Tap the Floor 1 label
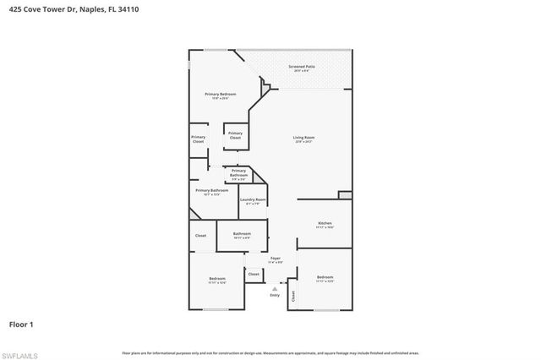click(21, 324)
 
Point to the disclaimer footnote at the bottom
click(270, 352)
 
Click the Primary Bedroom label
click(220, 95)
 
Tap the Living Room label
click(304, 139)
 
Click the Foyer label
click(276, 259)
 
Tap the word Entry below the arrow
click(275, 295)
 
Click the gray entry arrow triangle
click(275, 288)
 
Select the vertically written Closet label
click(293, 296)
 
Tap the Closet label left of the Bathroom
click(200, 236)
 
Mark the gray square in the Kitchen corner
click(345, 195)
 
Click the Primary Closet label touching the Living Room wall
click(235, 134)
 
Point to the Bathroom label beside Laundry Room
click(242, 234)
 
